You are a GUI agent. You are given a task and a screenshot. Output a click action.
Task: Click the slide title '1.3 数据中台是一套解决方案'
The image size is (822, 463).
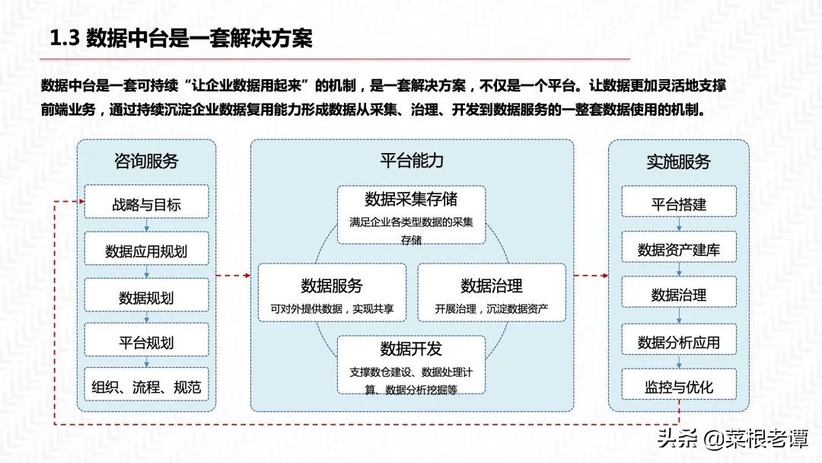click(180, 38)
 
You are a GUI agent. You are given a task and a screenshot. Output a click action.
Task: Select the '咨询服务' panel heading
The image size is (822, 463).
click(146, 161)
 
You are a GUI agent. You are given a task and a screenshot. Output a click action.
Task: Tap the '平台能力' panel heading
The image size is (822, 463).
click(412, 161)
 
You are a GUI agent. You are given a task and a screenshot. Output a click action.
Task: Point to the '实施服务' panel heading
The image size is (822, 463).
click(678, 161)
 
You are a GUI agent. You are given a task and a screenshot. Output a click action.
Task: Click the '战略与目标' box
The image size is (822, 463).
click(146, 204)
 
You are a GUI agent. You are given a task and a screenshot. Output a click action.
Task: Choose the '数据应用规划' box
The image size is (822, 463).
click(146, 251)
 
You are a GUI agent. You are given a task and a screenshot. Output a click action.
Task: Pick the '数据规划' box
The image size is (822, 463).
click(146, 296)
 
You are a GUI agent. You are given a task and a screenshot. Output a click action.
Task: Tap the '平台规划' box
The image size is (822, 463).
click(146, 342)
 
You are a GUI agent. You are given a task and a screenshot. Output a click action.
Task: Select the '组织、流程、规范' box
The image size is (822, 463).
click(146, 387)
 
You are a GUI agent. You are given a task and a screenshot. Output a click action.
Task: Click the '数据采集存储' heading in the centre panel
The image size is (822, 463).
click(411, 200)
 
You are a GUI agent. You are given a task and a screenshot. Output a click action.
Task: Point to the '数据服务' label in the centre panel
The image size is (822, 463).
click(332, 286)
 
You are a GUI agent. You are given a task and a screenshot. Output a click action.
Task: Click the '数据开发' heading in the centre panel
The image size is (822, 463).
click(411, 349)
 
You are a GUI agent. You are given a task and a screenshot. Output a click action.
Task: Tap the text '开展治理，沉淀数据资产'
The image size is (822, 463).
click(491, 310)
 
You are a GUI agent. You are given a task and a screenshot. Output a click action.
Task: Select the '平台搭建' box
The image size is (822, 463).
click(678, 204)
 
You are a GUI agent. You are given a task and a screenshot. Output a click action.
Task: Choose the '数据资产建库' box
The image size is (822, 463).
click(678, 250)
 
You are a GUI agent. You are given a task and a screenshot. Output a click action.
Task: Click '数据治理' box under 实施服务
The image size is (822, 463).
click(678, 295)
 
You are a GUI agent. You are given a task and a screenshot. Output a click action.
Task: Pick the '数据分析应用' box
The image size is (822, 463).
click(678, 342)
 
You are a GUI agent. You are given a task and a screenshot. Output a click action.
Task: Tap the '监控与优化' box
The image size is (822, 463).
click(678, 387)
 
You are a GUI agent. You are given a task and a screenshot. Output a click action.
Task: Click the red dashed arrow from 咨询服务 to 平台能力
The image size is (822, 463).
click(233, 276)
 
